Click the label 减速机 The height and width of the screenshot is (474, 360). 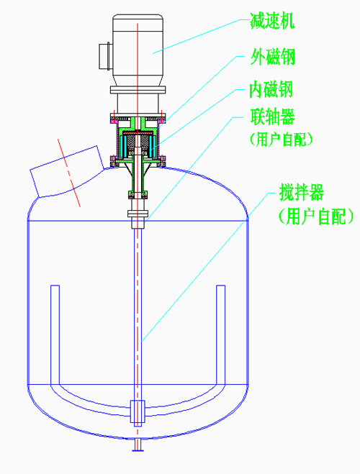tap(272, 21)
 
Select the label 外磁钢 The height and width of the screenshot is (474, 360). tap(272, 57)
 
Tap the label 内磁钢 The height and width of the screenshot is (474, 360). tap(271, 89)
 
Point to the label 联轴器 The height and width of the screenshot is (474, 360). tap(272, 117)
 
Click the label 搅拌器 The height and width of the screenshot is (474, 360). tap(301, 192)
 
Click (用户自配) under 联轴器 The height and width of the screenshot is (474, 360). tap(281, 140)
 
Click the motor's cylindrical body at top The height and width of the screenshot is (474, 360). tap(138, 50)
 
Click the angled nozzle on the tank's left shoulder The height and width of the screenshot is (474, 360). tap(68, 171)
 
